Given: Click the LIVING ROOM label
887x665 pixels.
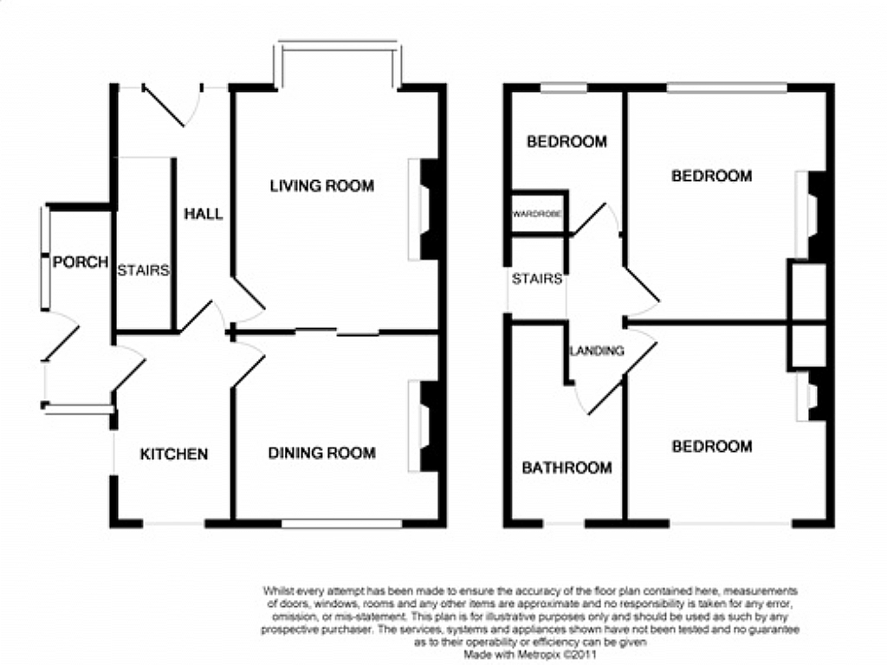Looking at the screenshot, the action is point(322,185).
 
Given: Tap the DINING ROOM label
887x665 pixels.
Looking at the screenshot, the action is point(322,452).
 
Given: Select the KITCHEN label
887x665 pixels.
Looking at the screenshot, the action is point(174,454).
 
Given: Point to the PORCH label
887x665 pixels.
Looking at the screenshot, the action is point(81,261).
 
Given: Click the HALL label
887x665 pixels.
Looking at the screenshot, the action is point(204,214).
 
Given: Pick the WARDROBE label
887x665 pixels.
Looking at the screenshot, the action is point(537,215).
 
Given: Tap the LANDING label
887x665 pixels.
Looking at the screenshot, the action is point(597,351).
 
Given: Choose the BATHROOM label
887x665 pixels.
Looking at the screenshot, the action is point(567,468).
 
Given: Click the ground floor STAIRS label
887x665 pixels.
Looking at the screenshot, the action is point(143,270).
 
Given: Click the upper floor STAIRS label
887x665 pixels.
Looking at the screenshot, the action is point(537,278).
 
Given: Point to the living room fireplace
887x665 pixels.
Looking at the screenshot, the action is point(424,210).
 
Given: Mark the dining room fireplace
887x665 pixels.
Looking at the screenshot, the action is point(424,426).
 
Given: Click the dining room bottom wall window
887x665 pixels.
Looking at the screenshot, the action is point(341,523).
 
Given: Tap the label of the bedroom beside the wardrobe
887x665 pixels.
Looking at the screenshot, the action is point(567,141).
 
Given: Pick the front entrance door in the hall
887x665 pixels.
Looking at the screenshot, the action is point(172,105).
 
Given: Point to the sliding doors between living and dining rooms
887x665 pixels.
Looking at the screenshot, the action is point(338,332).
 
